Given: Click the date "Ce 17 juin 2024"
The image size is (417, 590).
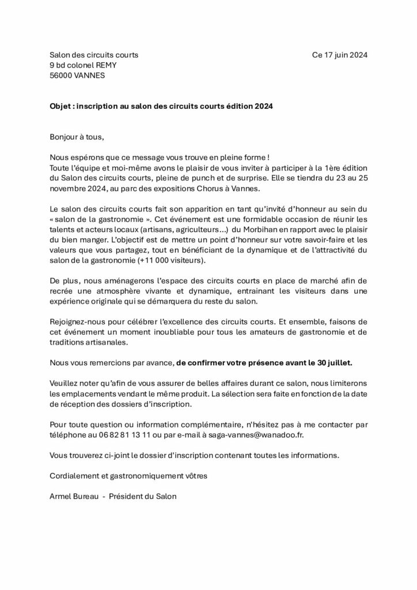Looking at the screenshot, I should point(339,55).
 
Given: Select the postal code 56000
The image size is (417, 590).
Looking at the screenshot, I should point(62,75).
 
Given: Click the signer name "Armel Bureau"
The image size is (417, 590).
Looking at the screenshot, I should point(70,496).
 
